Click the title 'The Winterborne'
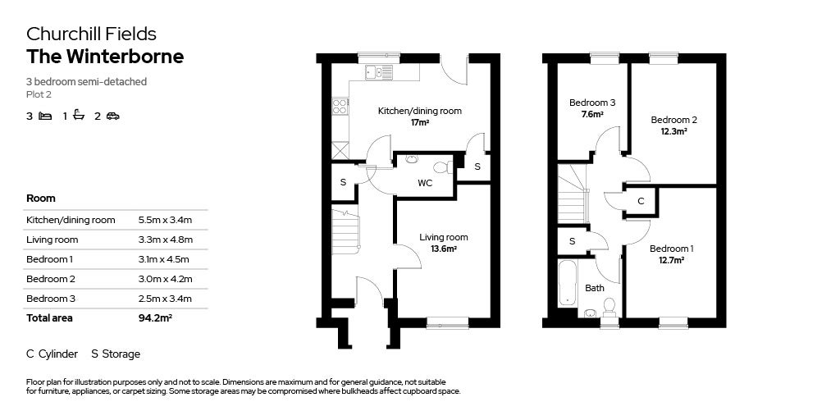tap(105, 57)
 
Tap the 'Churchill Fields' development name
tap(91, 34)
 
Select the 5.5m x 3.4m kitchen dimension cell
tap(165, 220)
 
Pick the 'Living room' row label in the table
tap(52, 240)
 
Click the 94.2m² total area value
tap(155, 317)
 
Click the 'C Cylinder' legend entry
tap(52, 354)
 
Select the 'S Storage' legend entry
tap(116, 354)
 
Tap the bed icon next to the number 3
tap(46, 116)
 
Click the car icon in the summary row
tap(113, 116)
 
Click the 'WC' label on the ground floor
tap(425, 183)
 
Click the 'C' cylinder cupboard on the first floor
tap(641, 201)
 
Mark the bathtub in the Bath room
tap(568, 285)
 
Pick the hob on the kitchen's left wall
tap(338, 105)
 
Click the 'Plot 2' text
tap(39, 94)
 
